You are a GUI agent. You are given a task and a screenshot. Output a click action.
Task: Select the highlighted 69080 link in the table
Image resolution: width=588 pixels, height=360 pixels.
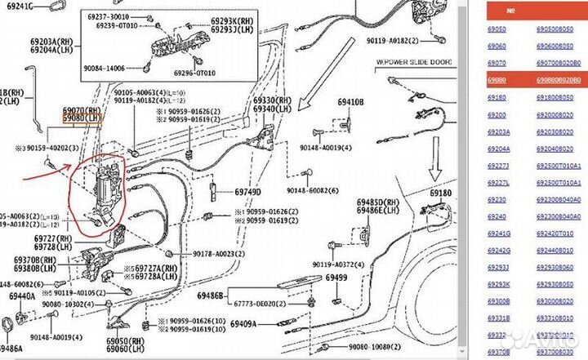tap(496, 80)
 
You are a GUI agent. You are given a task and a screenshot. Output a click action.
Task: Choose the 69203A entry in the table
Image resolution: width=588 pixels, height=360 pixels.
tap(498, 131)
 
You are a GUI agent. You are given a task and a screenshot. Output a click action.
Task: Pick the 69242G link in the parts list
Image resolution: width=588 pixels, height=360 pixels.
tap(498, 250)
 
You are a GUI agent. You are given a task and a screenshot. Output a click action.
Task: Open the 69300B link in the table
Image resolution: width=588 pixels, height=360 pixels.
tap(498, 301)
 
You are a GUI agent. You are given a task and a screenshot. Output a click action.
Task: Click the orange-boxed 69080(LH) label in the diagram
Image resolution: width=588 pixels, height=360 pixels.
tap(82, 118)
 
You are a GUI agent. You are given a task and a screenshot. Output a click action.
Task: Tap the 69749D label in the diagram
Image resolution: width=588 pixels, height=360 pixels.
tap(247, 192)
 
